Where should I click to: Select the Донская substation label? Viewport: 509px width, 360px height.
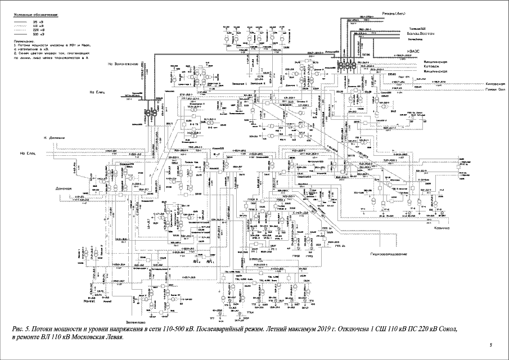click(x=65, y=188)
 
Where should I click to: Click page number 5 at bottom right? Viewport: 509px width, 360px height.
click(x=490, y=344)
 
